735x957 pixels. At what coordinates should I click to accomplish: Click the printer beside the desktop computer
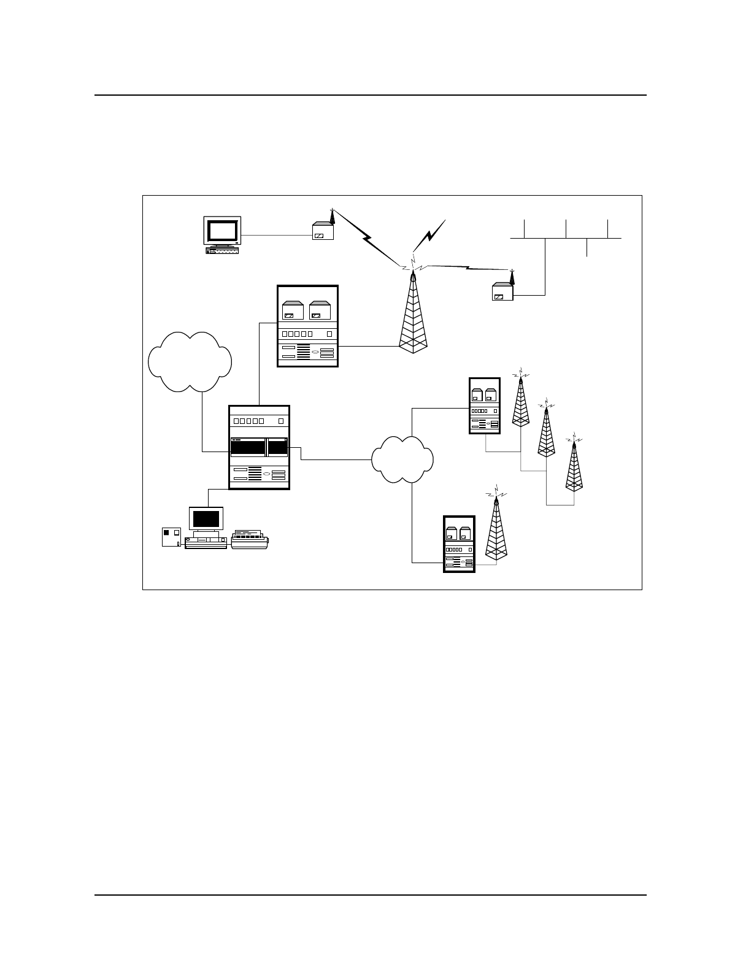[250, 539]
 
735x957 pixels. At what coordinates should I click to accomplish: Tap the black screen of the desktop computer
[206, 518]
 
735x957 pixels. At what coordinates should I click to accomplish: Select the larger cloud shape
[190, 362]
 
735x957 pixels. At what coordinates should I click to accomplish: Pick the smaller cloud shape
[402, 459]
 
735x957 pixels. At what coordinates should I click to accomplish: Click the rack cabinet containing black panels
[259, 447]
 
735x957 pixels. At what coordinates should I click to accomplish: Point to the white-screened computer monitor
[222, 231]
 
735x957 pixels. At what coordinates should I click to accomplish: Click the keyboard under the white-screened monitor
[223, 250]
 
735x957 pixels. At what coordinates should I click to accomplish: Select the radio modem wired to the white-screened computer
[323, 231]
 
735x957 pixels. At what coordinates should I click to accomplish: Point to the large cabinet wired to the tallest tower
[307, 326]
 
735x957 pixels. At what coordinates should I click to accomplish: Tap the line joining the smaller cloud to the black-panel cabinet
[336, 459]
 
